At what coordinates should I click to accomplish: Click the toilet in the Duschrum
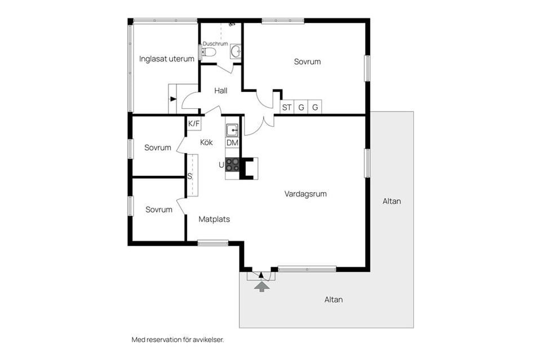[209, 52]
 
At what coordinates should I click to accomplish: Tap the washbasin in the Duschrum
[236, 51]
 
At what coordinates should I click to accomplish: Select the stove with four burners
[232, 165]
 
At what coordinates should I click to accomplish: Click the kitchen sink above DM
[232, 130]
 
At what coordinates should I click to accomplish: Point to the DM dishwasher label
[232, 143]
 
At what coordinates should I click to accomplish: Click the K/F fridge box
[194, 123]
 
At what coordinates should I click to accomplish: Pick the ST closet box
[287, 107]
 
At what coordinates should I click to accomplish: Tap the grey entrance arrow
[262, 287]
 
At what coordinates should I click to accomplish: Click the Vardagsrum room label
[305, 194]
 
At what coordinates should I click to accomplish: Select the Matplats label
[214, 219]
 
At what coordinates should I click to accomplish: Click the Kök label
[206, 142]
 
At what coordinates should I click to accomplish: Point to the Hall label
[221, 91]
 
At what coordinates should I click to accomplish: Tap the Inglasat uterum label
[167, 59]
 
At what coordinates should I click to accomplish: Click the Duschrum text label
[215, 44]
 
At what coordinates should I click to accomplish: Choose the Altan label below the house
[334, 300]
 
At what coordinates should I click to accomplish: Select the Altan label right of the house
[392, 201]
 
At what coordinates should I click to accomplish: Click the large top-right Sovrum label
[308, 62]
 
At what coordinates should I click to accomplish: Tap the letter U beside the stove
[221, 165]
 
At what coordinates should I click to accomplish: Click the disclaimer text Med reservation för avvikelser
[178, 340]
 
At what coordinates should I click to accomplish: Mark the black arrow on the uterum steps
[173, 99]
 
